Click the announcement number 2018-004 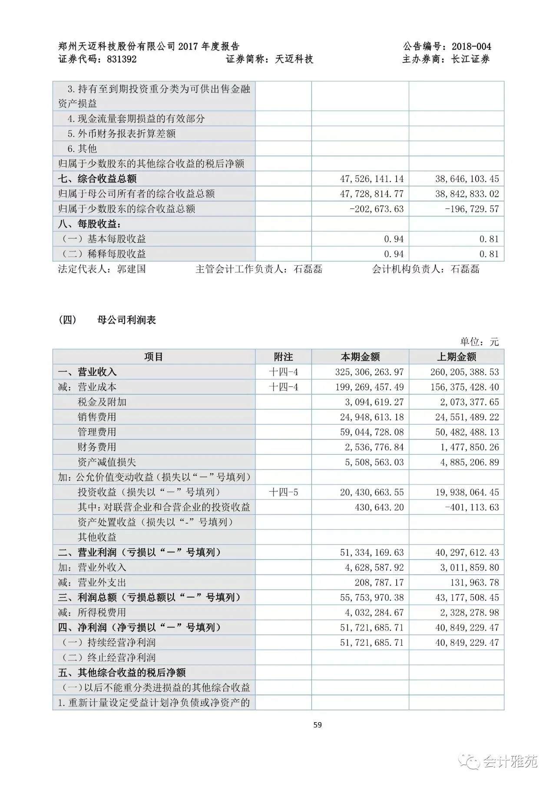471,46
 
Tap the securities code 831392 122,59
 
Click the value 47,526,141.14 372,179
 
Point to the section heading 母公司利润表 127,320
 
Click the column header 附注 283,357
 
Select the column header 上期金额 457,357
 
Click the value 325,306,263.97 369,372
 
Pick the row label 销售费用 97,417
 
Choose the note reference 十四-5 284,492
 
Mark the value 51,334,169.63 372,552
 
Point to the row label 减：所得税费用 92,613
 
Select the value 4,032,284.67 374,613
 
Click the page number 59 318,725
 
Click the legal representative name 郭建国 131,269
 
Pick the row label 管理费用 97,432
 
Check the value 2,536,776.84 374,447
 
